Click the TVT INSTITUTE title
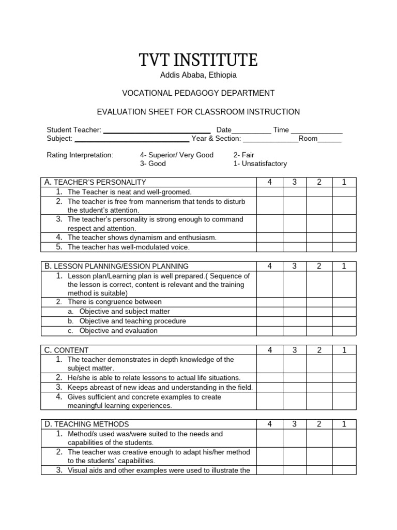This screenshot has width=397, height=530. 198,60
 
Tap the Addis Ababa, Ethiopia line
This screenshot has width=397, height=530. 198,76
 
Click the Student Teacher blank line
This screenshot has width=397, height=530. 157,130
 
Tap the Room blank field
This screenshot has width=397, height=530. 329,139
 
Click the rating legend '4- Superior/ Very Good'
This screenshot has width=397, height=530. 176,155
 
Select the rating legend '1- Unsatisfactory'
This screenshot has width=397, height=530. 260,164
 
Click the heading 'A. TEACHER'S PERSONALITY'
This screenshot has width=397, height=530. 96,182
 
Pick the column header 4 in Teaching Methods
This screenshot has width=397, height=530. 269,424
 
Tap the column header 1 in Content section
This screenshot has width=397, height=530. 344,350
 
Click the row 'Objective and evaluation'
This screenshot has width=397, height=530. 118,331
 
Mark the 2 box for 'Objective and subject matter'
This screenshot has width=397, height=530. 319,312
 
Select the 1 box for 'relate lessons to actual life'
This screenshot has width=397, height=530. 344,378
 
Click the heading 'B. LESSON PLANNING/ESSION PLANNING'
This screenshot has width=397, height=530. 117,266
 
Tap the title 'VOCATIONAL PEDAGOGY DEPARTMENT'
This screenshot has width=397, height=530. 198,93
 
